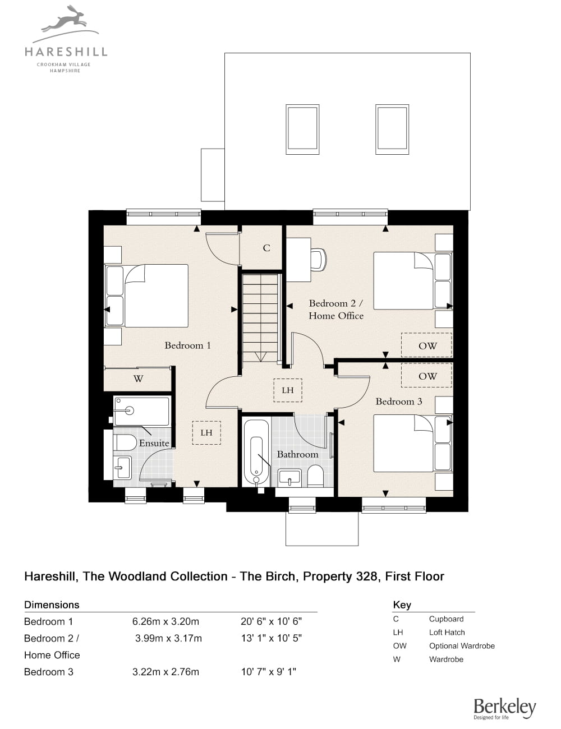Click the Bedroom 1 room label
tap(187, 345)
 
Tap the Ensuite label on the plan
tap(154, 443)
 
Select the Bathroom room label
tap(298, 454)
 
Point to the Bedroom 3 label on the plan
tap(399, 402)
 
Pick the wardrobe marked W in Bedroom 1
tap(137, 379)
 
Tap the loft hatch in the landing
tap(288, 390)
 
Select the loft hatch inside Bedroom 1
tap(206, 433)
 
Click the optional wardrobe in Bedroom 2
tap(427, 345)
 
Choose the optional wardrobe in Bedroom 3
tap(427, 375)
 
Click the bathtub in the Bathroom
tap(256, 452)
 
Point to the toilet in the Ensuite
tap(125, 443)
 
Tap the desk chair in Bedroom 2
tap(319, 260)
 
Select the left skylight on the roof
tap(302, 130)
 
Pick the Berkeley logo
tap(505, 709)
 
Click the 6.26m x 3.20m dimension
tap(165, 621)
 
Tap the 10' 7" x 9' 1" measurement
tap(268, 672)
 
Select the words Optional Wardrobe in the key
tap(462, 645)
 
